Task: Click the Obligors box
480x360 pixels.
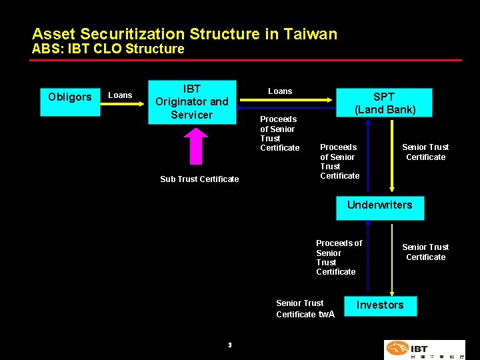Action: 70,97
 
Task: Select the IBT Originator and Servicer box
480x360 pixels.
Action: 192,102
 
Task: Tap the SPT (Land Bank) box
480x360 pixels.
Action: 385,103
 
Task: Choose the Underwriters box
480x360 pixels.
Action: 379,205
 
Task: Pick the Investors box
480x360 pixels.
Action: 379,305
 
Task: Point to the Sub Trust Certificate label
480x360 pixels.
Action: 199,179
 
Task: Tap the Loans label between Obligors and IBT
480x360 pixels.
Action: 120,95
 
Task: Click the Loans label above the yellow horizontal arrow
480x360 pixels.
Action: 280,91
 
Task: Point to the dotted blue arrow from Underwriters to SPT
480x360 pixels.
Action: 367,157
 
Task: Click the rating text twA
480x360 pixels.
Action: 327,314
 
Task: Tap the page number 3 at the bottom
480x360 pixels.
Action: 229,345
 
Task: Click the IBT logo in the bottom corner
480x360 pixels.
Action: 424,349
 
